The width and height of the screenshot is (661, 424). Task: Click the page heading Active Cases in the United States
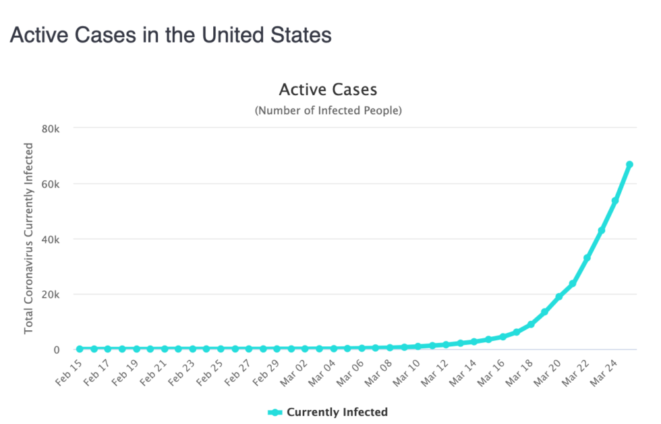pyautogui.click(x=171, y=35)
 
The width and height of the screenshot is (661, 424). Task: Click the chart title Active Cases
pyautogui.click(x=328, y=89)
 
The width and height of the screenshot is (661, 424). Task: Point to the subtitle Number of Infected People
pyautogui.click(x=328, y=110)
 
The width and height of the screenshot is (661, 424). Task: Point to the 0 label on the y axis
pyautogui.click(x=57, y=350)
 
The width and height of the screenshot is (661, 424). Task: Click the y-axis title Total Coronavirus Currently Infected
pyautogui.click(x=29, y=238)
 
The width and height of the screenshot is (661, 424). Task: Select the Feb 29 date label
pyautogui.click(x=265, y=371)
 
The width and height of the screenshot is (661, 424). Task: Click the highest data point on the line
pyautogui.click(x=629, y=164)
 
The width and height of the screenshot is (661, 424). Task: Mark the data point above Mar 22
pyautogui.click(x=587, y=258)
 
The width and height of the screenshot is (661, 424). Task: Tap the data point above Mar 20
pyautogui.click(x=558, y=297)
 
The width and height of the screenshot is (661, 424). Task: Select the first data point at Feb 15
pyautogui.click(x=80, y=348)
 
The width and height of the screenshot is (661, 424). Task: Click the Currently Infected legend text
pyautogui.click(x=337, y=412)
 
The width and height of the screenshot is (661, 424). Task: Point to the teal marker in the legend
pyautogui.click(x=275, y=412)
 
